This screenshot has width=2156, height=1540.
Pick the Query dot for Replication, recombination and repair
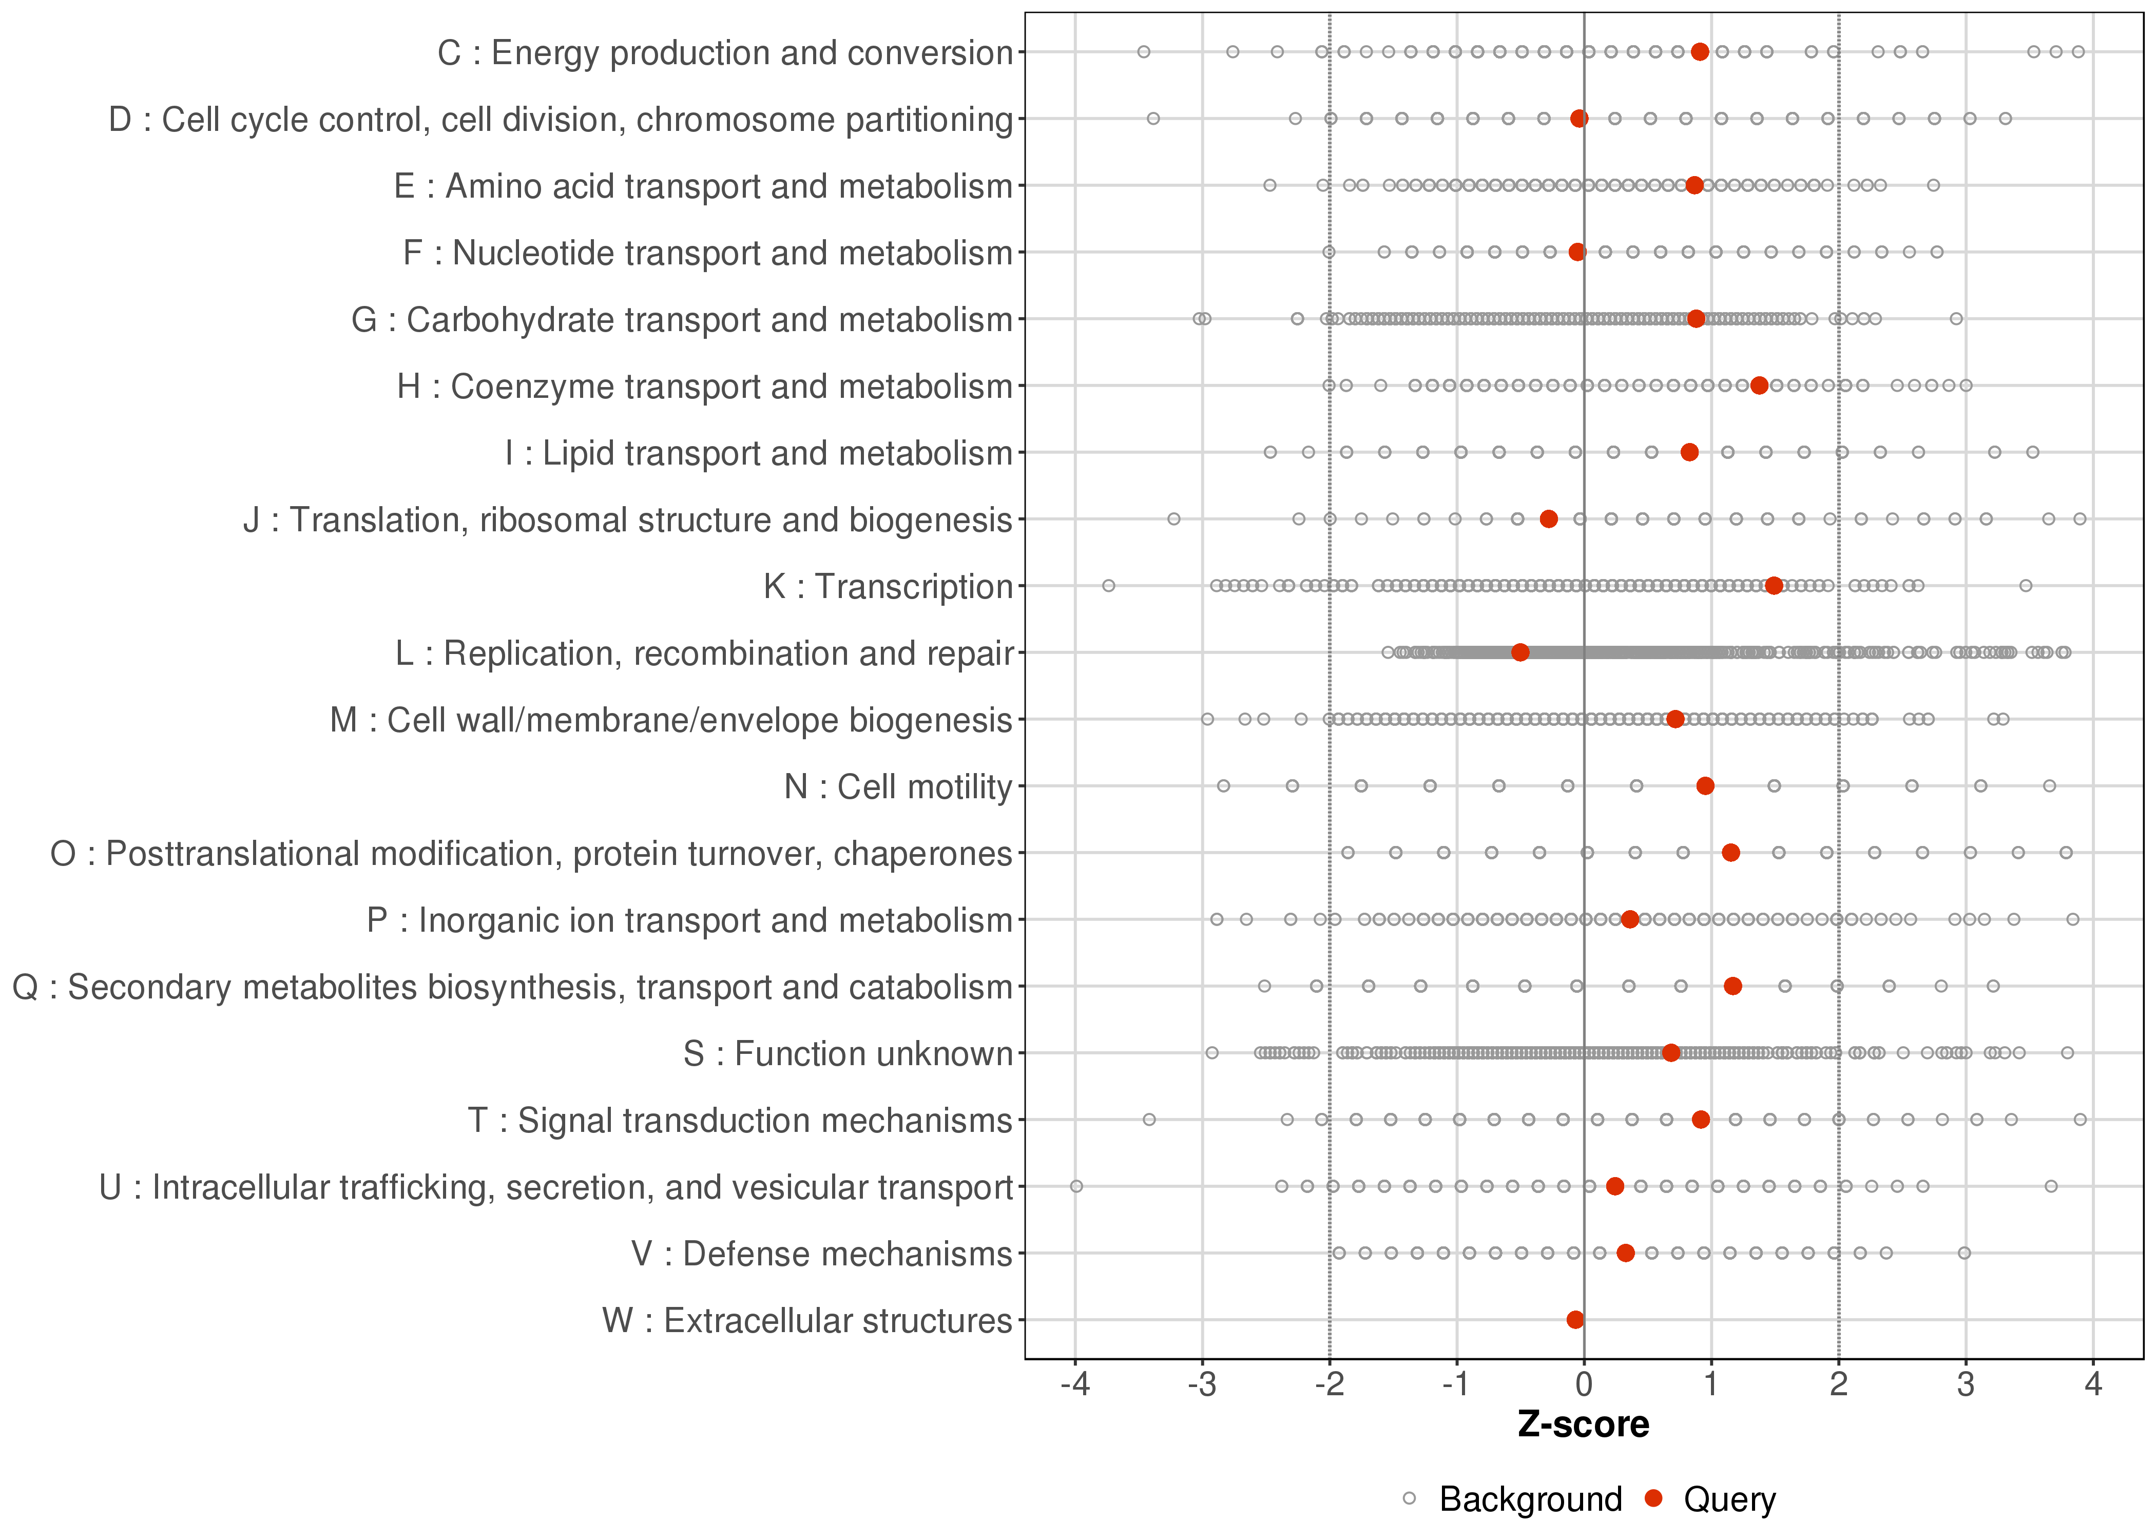point(1520,652)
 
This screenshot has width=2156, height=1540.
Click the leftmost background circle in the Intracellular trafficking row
point(1076,1186)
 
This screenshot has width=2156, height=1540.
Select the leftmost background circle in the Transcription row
point(1108,586)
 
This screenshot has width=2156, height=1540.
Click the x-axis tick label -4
point(1074,1385)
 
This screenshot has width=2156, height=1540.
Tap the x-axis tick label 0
point(1583,1385)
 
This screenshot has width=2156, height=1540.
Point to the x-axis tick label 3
point(1966,1385)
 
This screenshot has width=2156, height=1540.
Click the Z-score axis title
point(1583,1424)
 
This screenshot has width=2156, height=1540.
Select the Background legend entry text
point(1530,1499)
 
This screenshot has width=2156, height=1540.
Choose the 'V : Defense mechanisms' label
point(821,1254)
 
